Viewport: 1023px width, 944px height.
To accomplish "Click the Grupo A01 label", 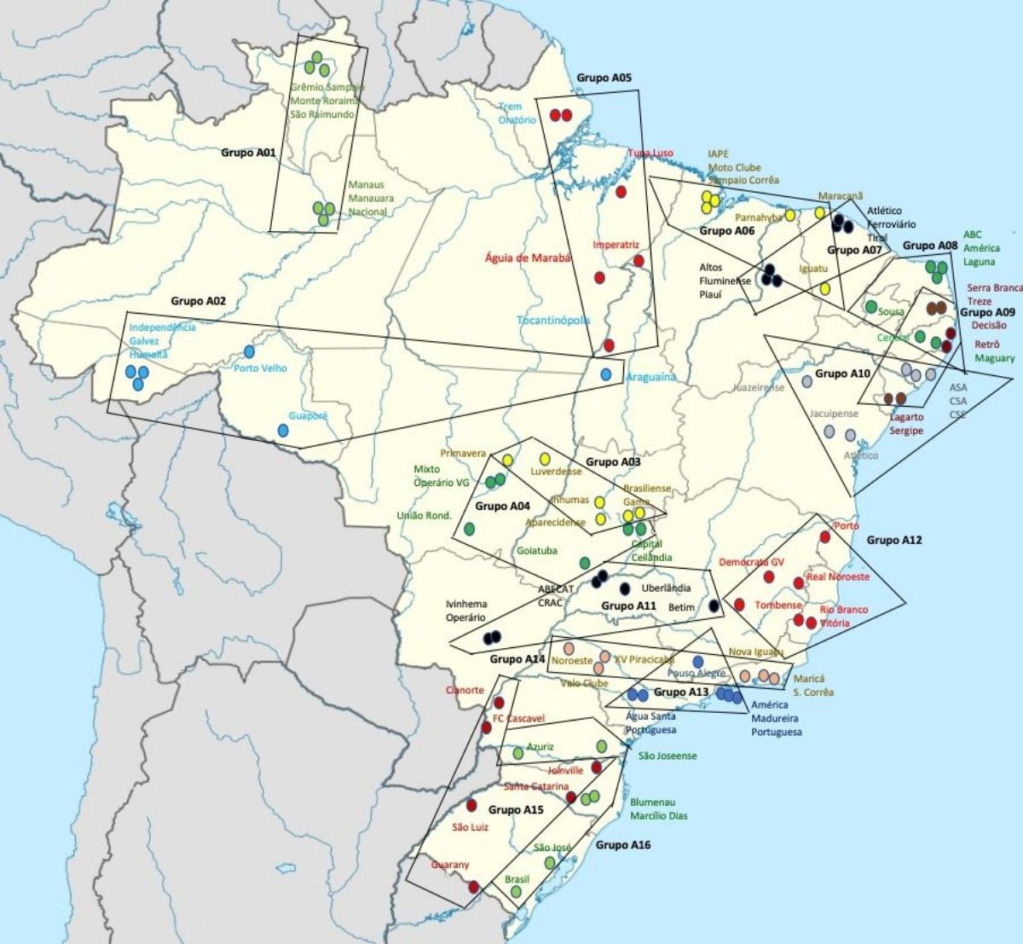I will point(248,153).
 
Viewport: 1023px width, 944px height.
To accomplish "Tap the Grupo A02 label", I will point(198,301).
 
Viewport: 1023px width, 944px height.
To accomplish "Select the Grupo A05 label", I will point(604,78).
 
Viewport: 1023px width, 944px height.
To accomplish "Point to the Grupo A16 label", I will point(623,844).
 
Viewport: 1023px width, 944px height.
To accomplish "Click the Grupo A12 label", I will point(894,540).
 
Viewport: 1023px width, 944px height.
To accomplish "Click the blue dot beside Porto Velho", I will point(250,351).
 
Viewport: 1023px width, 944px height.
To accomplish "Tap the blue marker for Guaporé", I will point(284,431).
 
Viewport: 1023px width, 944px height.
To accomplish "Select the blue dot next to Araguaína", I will point(606,374).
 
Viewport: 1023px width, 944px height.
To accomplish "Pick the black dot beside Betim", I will point(714,605).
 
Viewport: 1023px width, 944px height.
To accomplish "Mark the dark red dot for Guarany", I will point(474,887).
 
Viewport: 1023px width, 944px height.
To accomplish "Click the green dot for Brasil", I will point(516,891).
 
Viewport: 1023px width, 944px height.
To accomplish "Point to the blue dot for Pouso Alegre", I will point(698,662).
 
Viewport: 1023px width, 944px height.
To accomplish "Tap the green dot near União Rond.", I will point(468,529).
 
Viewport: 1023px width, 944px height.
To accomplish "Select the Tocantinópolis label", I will point(553,321).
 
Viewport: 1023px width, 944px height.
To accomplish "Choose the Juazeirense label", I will point(759,387).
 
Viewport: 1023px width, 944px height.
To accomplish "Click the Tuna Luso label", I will point(650,153).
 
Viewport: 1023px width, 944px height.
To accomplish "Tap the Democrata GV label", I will point(751,562).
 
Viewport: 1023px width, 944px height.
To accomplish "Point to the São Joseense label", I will point(667,756).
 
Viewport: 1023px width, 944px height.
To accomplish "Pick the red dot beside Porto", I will point(824,536).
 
